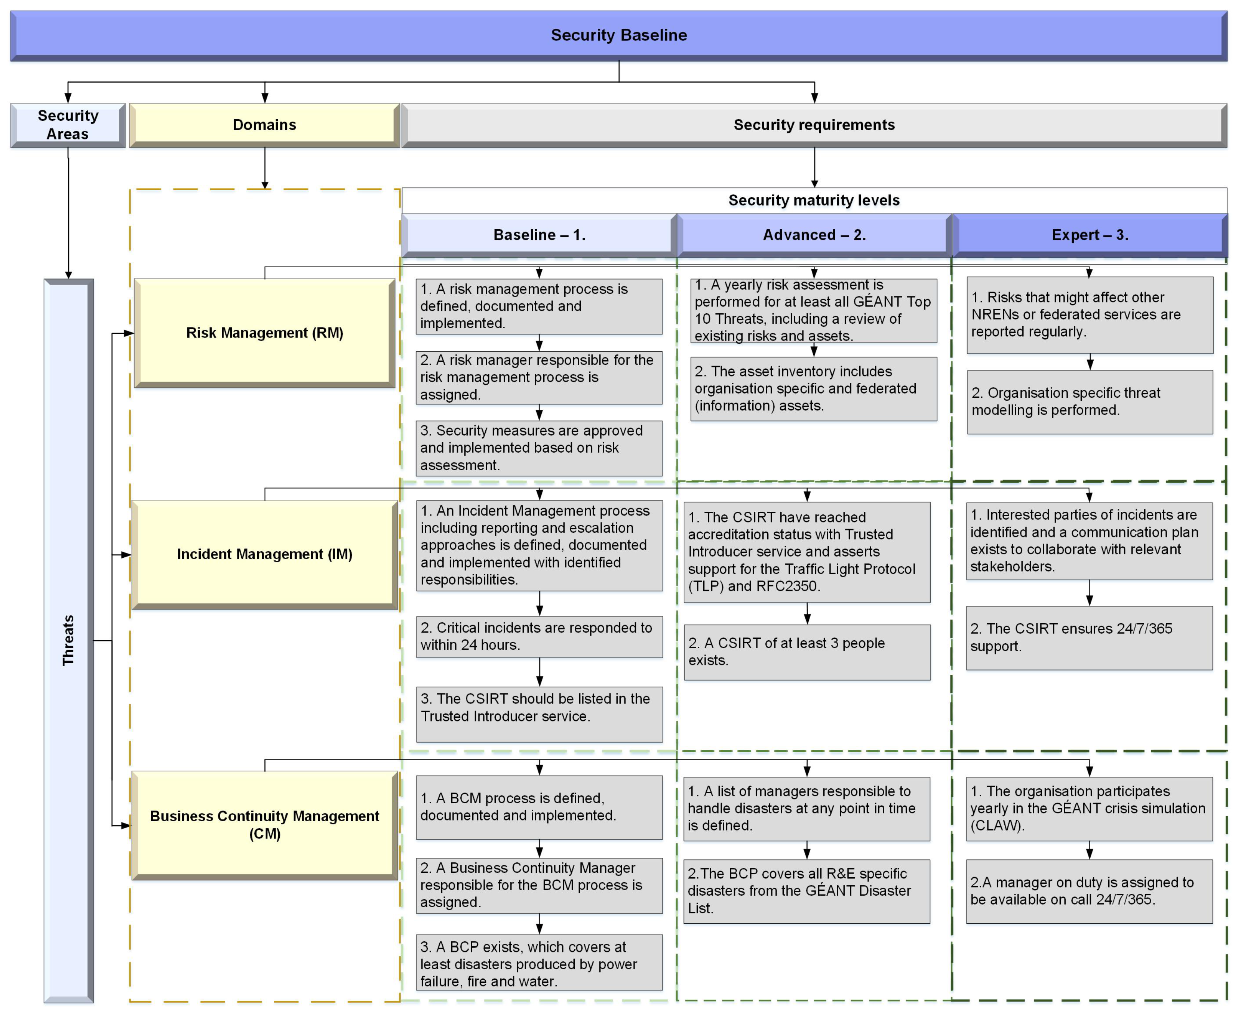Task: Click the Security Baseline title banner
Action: click(x=619, y=35)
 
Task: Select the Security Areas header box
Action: click(x=68, y=125)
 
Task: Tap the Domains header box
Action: click(x=264, y=125)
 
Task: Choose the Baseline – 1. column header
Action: click(x=539, y=235)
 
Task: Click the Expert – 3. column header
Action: click(x=1089, y=235)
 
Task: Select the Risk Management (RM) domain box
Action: click(x=264, y=333)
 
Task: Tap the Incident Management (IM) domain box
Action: click(x=264, y=554)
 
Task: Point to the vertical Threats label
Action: click(x=68, y=640)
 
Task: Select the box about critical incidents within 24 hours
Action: click(x=539, y=637)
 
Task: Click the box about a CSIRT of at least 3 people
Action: click(x=807, y=652)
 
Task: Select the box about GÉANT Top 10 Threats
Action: click(x=813, y=310)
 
